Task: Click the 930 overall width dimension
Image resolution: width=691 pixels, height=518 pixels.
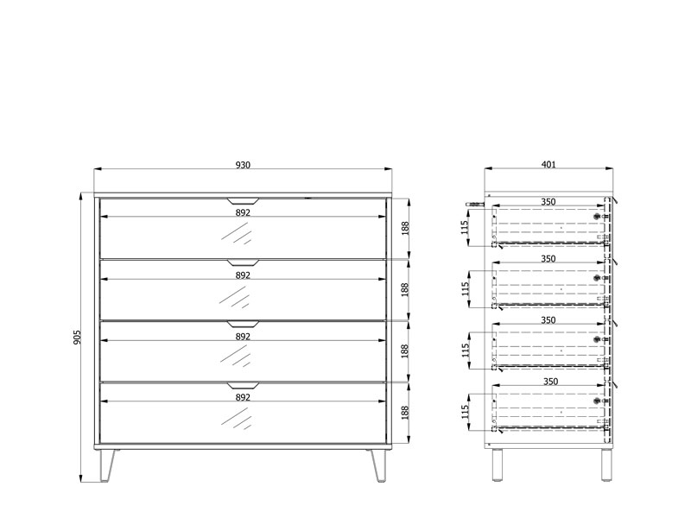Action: tap(243, 165)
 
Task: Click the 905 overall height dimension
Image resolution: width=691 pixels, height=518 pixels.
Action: tap(77, 337)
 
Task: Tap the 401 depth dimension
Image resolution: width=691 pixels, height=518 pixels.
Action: tap(548, 164)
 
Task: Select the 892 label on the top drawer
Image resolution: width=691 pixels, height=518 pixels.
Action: tap(243, 212)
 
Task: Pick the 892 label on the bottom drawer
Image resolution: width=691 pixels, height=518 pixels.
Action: tap(243, 397)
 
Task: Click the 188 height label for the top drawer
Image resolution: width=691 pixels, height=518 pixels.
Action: tap(405, 228)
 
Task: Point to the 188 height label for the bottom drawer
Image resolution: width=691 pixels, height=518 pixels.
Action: tap(405, 413)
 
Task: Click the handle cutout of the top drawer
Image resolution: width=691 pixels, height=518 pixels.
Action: tap(243, 201)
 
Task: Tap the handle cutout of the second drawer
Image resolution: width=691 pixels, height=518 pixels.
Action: tap(243, 263)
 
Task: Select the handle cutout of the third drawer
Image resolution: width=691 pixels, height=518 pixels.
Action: tap(243, 325)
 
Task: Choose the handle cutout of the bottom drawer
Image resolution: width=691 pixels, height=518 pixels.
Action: tap(243, 386)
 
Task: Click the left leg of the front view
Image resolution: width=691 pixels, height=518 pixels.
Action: tap(107, 465)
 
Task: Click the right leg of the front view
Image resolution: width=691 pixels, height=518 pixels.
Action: tap(377, 465)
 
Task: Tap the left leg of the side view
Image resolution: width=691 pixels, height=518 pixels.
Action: tap(498, 464)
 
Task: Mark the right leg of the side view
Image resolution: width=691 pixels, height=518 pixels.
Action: tap(606, 464)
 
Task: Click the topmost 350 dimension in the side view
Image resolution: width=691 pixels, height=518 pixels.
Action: tap(548, 202)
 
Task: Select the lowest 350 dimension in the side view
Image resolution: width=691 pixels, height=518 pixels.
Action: tap(550, 382)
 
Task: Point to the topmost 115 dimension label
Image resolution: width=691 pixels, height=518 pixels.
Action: tap(465, 227)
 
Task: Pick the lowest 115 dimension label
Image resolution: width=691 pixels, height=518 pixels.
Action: tap(465, 413)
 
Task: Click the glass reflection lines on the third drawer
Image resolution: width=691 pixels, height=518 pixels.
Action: tap(235, 356)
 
